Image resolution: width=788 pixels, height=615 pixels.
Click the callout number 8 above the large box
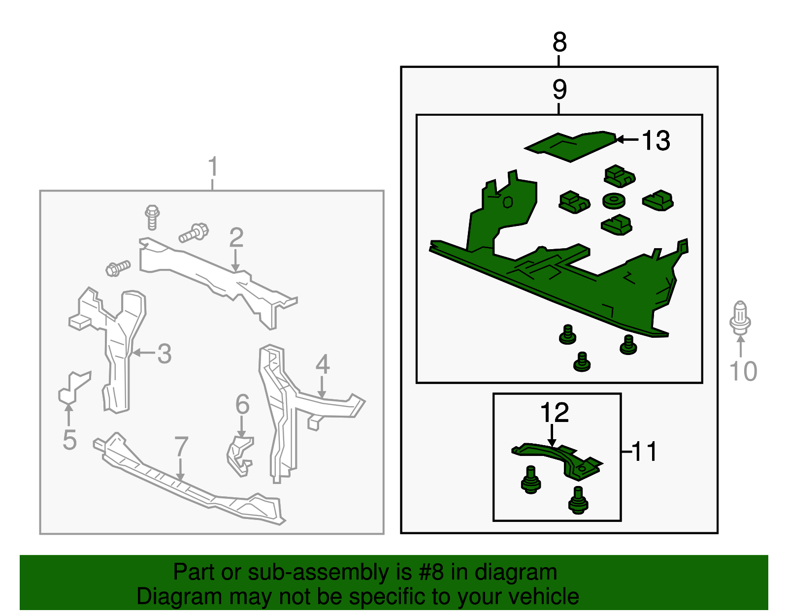(559, 42)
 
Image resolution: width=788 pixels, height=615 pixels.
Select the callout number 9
(559, 90)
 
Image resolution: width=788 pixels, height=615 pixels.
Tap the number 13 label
(656, 140)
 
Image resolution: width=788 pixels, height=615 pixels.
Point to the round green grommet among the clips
(614, 201)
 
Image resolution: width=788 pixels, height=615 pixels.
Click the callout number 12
(555, 413)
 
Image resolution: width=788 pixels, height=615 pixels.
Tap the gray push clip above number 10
(740, 318)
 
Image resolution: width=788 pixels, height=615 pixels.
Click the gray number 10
(743, 371)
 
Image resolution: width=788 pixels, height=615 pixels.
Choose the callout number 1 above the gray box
(213, 166)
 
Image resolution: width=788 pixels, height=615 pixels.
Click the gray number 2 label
(236, 237)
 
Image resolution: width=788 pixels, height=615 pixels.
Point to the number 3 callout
(164, 354)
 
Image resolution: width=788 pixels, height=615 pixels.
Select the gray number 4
(323, 364)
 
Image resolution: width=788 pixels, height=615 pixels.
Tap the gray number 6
(243, 404)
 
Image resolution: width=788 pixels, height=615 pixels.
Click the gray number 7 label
(181, 447)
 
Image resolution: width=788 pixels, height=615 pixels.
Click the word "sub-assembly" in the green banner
(329, 573)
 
